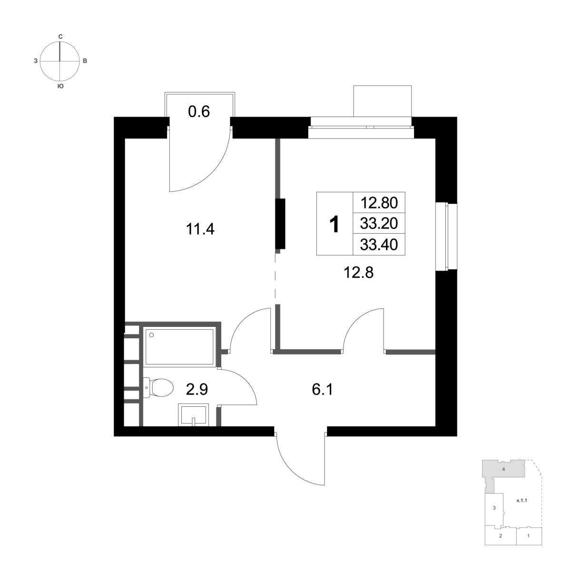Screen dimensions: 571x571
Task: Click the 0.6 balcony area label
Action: [x=199, y=112]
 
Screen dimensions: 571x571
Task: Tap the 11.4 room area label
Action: [x=200, y=229]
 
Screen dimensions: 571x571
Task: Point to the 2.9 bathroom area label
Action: [x=197, y=389]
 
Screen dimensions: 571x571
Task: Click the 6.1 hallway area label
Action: [x=323, y=389]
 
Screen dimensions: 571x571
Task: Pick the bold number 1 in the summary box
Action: [x=334, y=224]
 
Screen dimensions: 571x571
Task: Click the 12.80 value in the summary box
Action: [x=379, y=203]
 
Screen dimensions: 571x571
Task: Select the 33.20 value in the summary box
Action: [x=379, y=224]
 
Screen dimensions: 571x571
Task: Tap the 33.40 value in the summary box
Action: [x=379, y=245]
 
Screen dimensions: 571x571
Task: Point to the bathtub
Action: [x=179, y=347]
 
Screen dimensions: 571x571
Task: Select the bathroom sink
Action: [x=193, y=415]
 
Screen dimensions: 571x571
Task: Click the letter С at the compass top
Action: [x=60, y=37]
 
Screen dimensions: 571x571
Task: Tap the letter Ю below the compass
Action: [x=60, y=86]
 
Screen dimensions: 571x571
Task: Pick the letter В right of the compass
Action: [x=85, y=61]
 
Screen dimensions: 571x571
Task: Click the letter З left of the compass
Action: [x=36, y=61]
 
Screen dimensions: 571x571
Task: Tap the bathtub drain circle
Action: [x=152, y=335]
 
